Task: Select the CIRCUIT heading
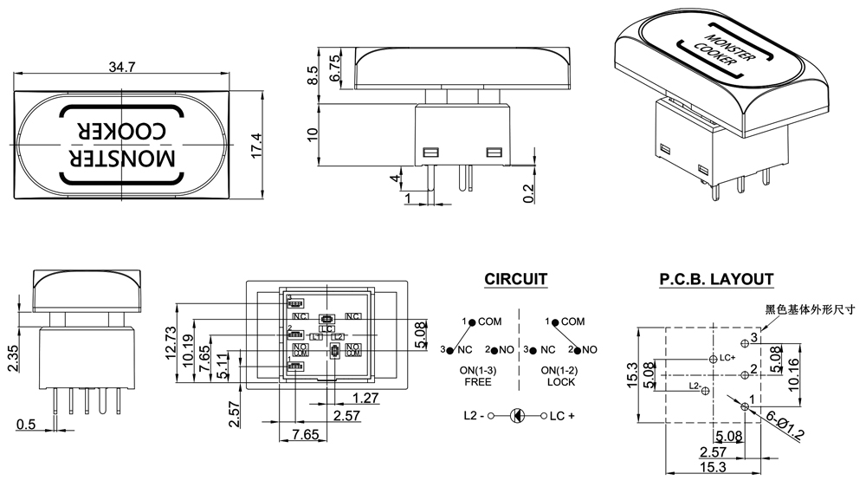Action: pos(515,279)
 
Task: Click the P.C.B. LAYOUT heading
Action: pos(716,279)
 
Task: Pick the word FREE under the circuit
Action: pos(478,382)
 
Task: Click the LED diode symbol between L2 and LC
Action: pos(516,416)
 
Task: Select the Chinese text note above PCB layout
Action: pos(810,308)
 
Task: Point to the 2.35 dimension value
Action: pos(13,356)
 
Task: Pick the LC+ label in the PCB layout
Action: pos(727,358)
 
